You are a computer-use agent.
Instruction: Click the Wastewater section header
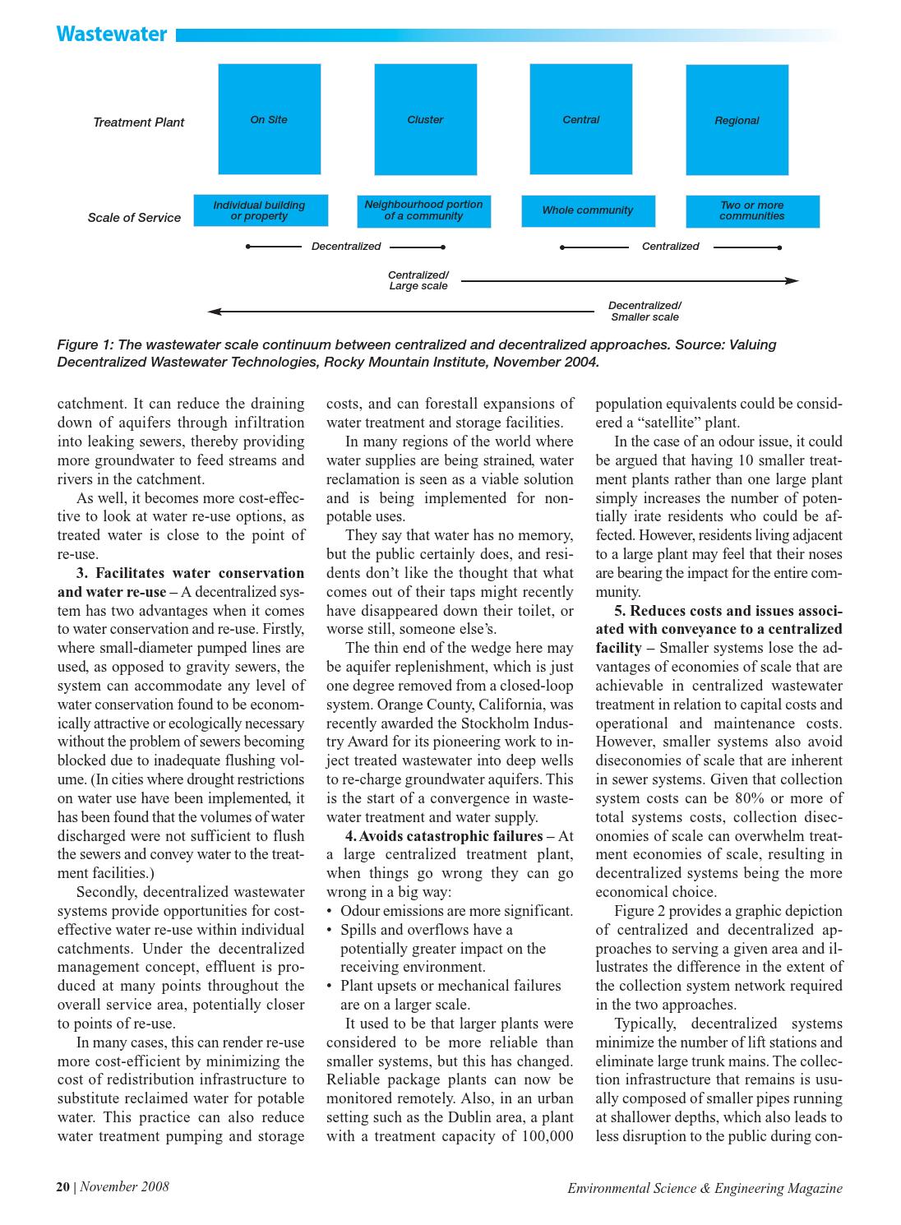[x=112, y=34]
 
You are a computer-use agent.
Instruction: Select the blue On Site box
[x=269, y=119]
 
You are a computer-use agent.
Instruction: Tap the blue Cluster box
[x=425, y=119]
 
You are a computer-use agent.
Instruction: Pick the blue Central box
[x=580, y=119]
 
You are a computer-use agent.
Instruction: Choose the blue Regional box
[x=737, y=120]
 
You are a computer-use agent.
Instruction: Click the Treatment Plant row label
[x=138, y=122]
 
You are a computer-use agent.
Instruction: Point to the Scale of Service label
[x=134, y=218]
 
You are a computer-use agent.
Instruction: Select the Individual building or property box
[x=260, y=210]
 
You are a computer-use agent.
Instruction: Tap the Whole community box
[x=588, y=210]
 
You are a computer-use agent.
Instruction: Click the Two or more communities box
[x=752, y=210]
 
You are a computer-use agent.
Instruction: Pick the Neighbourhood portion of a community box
[x=424, y=210]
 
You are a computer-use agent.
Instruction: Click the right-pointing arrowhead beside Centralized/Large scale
[x=792, y=281]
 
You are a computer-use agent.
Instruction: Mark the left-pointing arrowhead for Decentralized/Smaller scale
[x=214, y=312]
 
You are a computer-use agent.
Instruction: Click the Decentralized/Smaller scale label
[x=645, y=311]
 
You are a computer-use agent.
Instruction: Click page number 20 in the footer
[x=63, y=1186]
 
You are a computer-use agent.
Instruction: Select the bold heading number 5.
[x=619, y=611]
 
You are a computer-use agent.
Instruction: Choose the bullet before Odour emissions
[x=330, y=911]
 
